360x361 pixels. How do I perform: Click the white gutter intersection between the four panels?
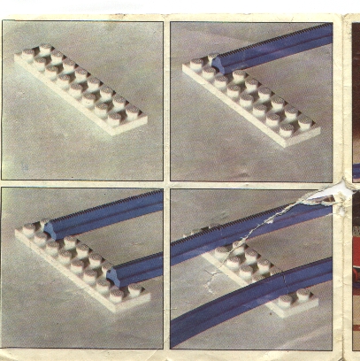[x=166, y=182]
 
